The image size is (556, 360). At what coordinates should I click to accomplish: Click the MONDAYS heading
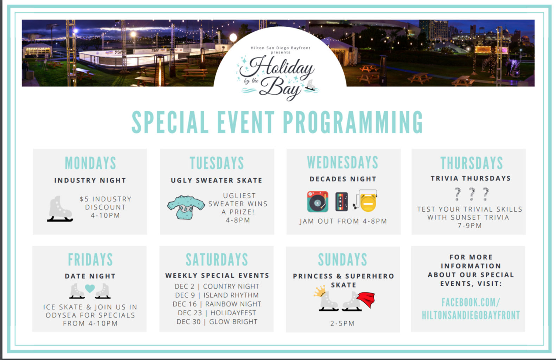[90, 163]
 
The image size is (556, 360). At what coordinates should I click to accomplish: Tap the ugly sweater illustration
[186, 207]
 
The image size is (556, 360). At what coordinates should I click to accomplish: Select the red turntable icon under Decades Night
[318, 201]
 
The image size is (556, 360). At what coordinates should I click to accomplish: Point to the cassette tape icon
[341, 202]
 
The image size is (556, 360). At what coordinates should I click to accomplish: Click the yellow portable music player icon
[366, 201]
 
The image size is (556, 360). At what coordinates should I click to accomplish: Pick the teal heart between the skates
[90, 288]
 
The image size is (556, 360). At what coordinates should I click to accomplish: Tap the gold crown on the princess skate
[320, 291]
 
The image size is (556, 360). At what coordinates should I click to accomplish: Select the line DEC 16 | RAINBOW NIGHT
[217, 304]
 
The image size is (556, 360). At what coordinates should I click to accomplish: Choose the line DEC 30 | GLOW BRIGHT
[217, 322]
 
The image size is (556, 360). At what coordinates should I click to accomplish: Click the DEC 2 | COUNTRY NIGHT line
[217, 286]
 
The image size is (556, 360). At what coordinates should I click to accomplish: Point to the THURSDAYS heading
[472, 163]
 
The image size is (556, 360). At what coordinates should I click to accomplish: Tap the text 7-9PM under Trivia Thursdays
[469, 225]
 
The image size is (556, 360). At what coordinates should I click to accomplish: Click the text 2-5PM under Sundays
[342, 323]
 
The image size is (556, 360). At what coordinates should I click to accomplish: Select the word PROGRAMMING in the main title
[353, 122]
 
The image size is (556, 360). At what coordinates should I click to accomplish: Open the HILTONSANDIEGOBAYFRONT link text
[471, 315]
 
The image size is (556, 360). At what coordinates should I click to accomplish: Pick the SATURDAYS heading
[217, 259]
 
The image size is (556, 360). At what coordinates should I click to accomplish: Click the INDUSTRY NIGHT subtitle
[90, 180]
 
